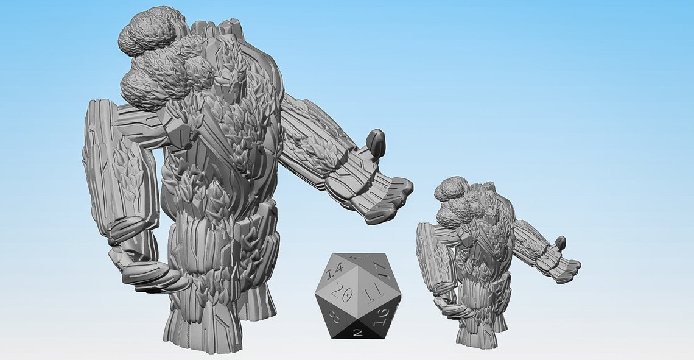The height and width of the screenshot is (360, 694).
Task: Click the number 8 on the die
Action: coord(334,317)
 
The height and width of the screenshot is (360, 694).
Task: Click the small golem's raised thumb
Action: coord(560,243)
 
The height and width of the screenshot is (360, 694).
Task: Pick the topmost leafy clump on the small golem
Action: coord(451,188)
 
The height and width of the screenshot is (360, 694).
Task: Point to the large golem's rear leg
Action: coord(256,298)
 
